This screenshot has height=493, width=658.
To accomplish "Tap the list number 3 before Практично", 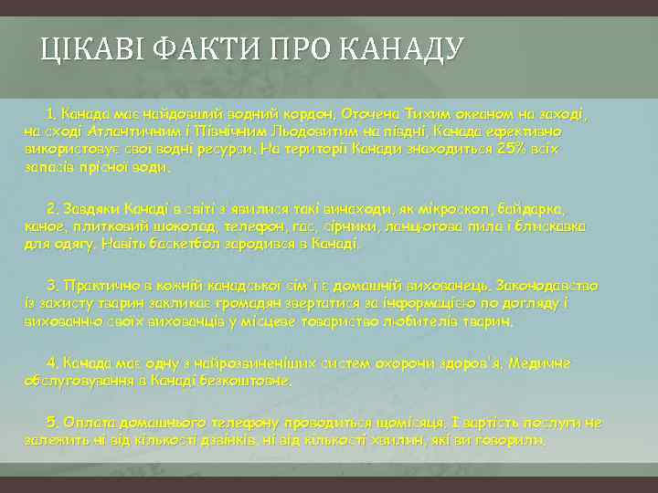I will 53,286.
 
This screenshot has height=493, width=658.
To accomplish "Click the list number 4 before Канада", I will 53,363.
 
